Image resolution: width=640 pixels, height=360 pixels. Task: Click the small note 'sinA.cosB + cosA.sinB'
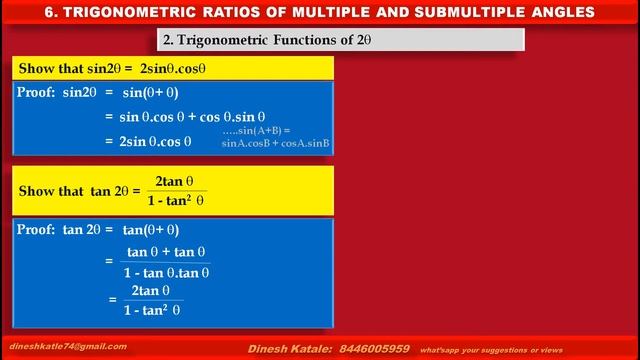click(275, 144)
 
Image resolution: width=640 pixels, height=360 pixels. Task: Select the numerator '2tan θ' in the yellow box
click(175, 181)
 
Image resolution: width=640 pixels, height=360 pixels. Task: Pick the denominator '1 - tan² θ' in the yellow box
click(175, 200)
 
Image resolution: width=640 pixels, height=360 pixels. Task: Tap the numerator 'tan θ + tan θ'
click(167, 252)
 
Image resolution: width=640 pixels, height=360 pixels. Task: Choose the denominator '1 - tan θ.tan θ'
click(167, 272)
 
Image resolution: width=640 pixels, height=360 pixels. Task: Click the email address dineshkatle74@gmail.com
click(69, 346)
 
